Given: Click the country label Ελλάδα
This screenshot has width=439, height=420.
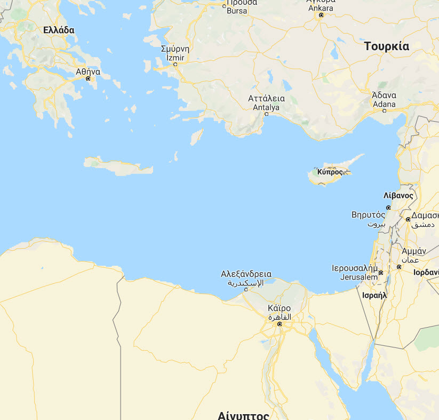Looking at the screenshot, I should (x=59, y=30).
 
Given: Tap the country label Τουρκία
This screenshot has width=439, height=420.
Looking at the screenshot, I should (x=387, y=46).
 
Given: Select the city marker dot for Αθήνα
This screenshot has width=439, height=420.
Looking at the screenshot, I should (x=89, y=78).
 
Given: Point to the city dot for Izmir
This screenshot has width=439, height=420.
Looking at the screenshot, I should (x=175, y=65).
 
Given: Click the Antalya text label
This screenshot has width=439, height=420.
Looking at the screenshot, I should (x=266, y=107).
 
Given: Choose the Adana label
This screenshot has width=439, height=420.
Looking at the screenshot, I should (x=384, y=104).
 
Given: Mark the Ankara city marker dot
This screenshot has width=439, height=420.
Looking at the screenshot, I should (x=321, y=15).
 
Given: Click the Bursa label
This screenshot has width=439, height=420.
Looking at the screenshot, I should (x=237, y=11).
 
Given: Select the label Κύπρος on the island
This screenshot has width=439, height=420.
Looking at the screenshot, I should (x=330, y=172).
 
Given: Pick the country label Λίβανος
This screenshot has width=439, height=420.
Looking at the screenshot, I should (x=398, y=195).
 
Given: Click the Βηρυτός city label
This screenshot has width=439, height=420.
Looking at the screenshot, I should (x=368, y=215).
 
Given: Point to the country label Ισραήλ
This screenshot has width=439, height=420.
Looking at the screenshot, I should (x=374, y=295).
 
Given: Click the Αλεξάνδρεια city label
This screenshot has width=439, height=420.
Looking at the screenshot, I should (x=246, y=274).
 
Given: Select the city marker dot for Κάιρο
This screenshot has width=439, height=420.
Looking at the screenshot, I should (x=278, y=324).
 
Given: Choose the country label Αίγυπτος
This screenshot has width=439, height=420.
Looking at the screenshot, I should (x=243, y=415).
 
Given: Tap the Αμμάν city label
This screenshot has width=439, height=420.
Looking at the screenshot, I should (x=413, y=250).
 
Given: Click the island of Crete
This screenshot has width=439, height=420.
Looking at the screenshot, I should (x=120, y=166).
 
